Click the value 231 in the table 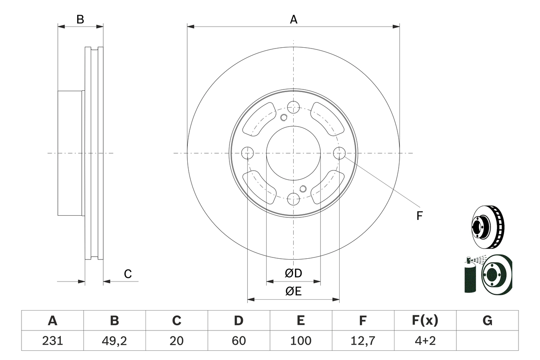[52, 341]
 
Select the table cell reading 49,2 [114, 341]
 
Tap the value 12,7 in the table [362, 341]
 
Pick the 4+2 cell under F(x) [425, 341]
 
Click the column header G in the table [487, 321]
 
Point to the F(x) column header [425, 321]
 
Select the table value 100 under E [300, 341]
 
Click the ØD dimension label [294, 273]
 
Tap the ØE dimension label [294, 292]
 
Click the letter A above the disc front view [294, 19]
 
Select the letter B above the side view [80, 19]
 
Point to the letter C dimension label [128, 274]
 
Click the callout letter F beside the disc [419, 216]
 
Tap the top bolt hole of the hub [293, 107]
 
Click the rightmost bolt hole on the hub [339, 153]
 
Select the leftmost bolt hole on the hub [247, 153]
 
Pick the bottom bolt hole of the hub [293, 199]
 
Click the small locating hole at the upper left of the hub [284, 117]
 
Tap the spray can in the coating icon [470, 276]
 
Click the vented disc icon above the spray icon [487, 227]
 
